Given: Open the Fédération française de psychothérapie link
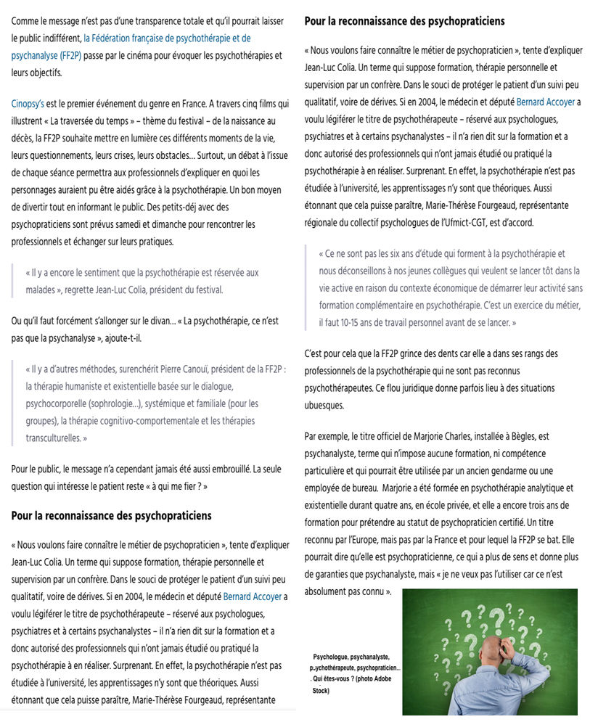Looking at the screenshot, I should (x=167, y=38).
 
